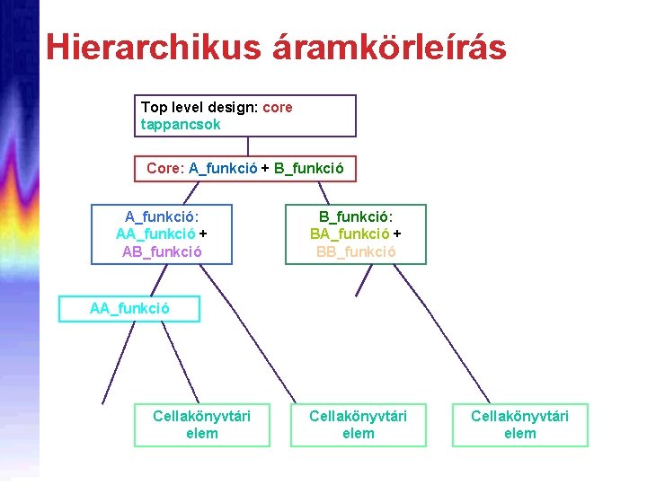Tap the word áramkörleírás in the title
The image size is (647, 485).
pos(392,47)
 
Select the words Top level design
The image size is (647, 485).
pos(199,107)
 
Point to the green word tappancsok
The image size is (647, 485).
pos(181,125)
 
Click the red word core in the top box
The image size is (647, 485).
pos(278,107)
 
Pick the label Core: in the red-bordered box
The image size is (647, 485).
pos(165,168)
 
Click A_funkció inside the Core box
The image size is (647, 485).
pos(223,168)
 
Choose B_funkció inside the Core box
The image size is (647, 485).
pos(307,168)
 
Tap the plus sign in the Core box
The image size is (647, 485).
pos(266,168)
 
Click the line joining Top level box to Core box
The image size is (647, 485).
pos(248,146)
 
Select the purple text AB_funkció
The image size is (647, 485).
pos(162,251)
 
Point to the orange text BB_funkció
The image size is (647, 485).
pos(356,251)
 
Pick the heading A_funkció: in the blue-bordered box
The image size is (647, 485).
pos(162,216)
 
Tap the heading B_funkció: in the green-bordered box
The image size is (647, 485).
pos(356,216)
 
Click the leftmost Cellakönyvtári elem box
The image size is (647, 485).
pos(202,424)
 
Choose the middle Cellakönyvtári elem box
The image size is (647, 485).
pos(359,424)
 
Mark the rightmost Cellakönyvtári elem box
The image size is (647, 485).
pos(520,424)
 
